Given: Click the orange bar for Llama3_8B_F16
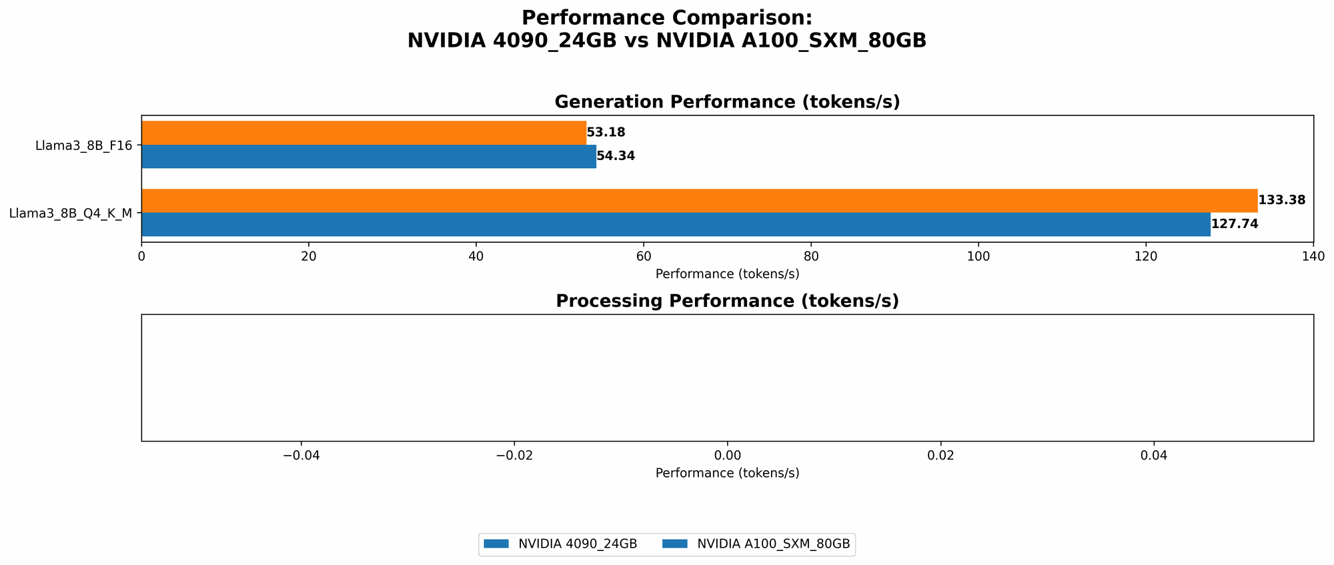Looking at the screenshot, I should point(364,133).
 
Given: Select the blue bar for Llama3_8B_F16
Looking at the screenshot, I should point(368,156).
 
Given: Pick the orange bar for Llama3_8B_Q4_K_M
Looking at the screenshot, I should point(699,201).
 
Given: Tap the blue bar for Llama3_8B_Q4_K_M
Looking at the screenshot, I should point(676,224).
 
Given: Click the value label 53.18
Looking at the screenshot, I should point(606,133).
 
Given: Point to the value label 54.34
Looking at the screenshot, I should point(616,156).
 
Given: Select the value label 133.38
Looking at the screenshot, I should point(1281,200).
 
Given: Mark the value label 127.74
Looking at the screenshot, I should point(1235,224).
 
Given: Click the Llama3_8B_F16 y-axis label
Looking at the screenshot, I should point(83,145).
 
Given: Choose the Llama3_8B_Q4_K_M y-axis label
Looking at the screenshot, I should point(70,213).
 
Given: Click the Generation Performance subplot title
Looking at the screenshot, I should point(727,102).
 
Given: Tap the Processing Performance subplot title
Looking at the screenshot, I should point(727,302).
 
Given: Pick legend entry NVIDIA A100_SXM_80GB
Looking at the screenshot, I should point(773,544).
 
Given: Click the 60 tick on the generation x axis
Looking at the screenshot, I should point(644,257).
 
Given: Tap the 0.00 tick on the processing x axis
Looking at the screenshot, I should point(727,456).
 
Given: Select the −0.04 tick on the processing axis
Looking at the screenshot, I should point(301,456).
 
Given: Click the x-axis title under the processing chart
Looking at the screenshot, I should point(727,473).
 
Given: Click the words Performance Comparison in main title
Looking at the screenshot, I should point(667,18).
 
